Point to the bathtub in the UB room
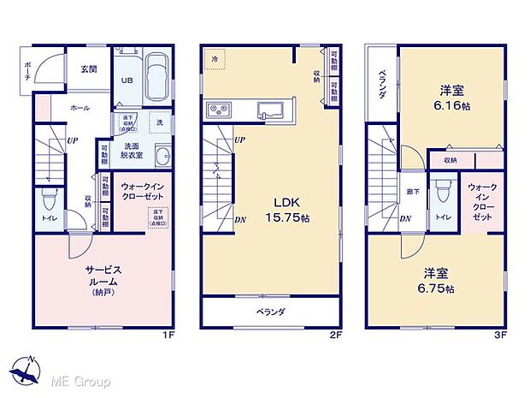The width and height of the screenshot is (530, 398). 157,76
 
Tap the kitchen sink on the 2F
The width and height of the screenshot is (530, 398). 270,109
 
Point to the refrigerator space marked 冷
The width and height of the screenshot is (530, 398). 215,59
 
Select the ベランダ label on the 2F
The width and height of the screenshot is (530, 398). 272,312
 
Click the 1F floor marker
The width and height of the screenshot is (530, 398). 171,335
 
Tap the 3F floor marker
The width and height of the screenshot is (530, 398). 503,335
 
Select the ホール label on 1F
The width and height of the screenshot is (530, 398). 79,109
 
